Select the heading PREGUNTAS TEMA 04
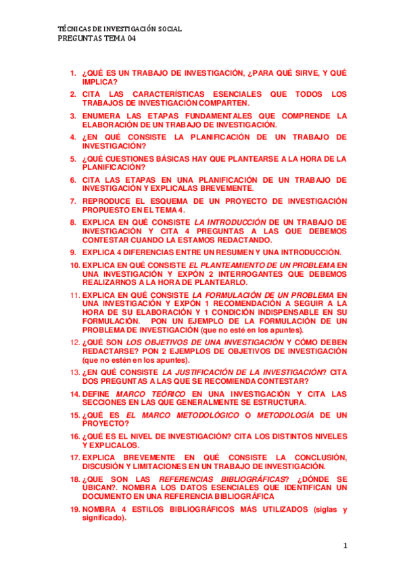tap(94, 39)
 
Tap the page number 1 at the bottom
tap(344, 545)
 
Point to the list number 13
tap(76, 372)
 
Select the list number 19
tap(76, 509)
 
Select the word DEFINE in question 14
tap(97, 393)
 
